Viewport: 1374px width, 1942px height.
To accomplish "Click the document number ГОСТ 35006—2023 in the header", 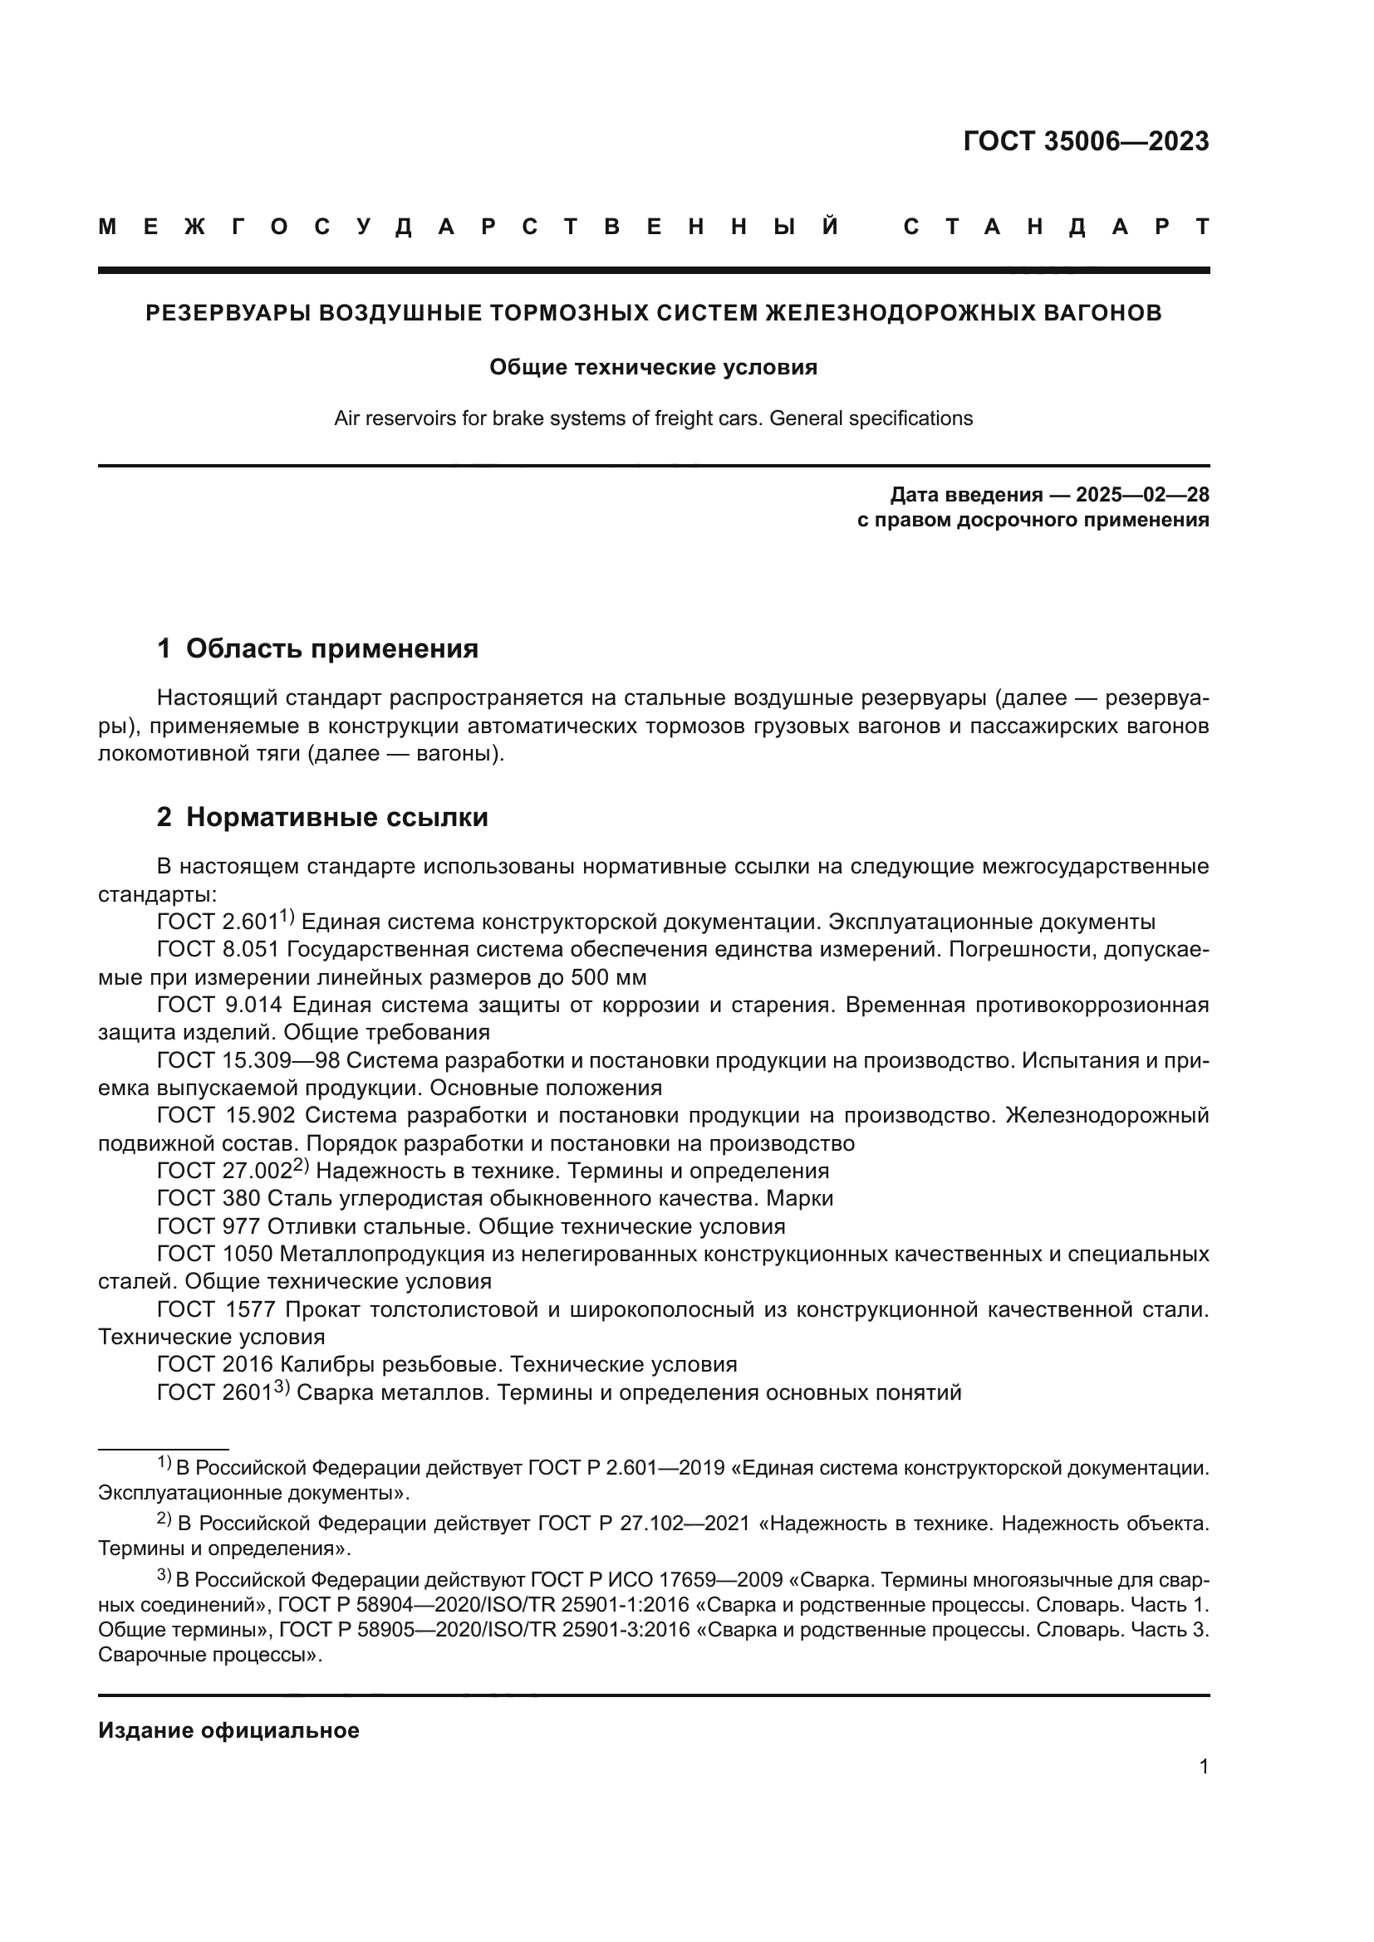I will coord(1086,141).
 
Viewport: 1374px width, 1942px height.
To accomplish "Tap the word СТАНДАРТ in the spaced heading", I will coord(1056,227).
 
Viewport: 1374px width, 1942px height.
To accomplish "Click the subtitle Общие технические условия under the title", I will coord(653,367).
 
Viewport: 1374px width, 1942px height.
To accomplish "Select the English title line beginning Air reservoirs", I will coord(653,418).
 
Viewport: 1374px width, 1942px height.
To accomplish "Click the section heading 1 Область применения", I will coord(317,648).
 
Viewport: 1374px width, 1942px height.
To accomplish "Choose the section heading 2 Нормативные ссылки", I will coord(322,817).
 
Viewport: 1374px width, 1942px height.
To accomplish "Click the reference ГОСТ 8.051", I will coord(218,950).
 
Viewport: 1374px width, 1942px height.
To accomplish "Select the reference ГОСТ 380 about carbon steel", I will coord(209,1199).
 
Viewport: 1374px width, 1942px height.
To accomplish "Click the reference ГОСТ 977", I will coord(209,1226).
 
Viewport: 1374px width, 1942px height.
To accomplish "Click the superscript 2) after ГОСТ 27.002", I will coord(302,1166).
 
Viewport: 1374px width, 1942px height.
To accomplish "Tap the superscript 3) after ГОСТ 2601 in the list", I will coord(281,1387).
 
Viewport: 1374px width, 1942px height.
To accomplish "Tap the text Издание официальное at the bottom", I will coord(228,1730).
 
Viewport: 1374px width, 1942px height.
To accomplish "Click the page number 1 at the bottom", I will coord(1203,1766).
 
